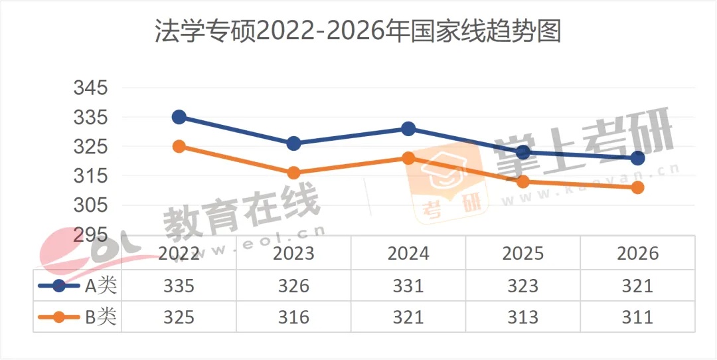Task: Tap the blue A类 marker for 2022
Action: pos(179,117)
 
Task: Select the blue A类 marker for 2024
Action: pos(408,129)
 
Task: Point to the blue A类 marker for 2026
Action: pos(637,158)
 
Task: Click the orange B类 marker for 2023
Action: pos(293,173)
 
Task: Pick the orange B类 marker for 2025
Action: pos(523,181)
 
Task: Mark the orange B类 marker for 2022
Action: pos(179,146)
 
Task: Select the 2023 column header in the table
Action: pos(293,253)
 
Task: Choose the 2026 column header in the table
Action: pos(637,253)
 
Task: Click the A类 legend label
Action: pos(100,286)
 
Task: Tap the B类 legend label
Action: pos(100,317)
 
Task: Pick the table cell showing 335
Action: pos(179,286)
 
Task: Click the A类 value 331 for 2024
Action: pos(408,286)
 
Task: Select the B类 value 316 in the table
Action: pos(293,317)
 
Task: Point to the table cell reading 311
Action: pos(637,317)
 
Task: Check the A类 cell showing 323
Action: pos(523,286)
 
